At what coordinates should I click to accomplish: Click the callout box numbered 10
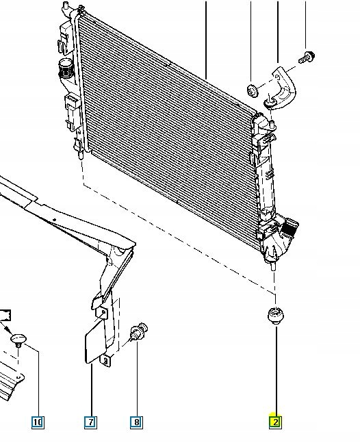tap(38, 422)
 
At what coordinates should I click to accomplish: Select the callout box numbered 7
tap(90, 422)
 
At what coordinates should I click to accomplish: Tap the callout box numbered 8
tap(136, 422)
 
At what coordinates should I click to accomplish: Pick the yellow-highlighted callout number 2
tap(275, 422)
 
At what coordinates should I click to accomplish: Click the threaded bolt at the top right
tap(307, 58)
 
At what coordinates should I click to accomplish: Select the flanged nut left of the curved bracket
tap(252, 90)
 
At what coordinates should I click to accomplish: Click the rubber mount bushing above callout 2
tap(276, 315)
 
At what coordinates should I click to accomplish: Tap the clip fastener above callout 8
tap(139, 331)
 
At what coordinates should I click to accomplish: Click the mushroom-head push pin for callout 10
tap(18, 340)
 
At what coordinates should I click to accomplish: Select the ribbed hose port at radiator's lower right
tap(289, 228)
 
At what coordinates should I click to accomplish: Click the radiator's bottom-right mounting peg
tap(273, 266)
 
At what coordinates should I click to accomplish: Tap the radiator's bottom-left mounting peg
tap(81, 155)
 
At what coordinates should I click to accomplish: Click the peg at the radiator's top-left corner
tap(66, 5)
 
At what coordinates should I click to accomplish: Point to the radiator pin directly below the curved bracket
tap(272, 123)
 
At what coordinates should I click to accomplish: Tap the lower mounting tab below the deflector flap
tap(105, 361)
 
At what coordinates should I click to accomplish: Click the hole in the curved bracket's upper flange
tap(277, 77)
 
